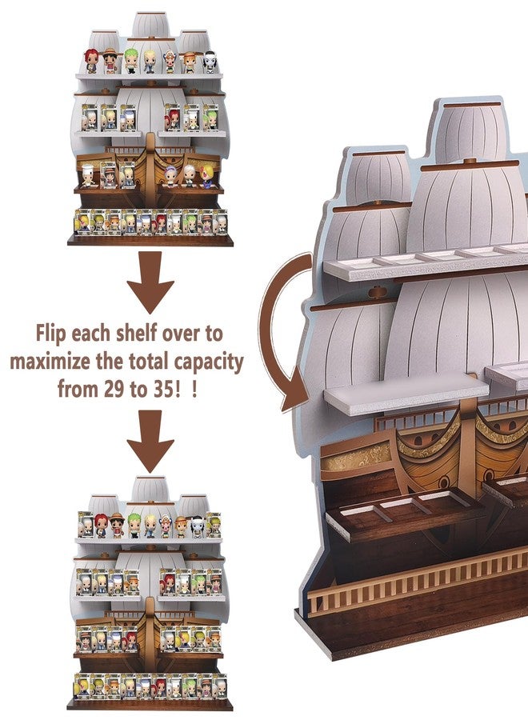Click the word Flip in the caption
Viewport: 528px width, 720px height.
coord(50,334)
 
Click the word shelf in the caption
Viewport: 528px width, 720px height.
coord(131,333)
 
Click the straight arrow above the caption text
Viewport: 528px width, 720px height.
coord(150,281)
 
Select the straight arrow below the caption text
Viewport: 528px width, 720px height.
coord(150,441)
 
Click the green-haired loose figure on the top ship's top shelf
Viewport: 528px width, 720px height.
coord(131,61)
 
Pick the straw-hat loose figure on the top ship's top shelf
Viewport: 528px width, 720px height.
coord(110,60)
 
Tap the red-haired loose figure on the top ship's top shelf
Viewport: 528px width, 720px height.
coord(91,61)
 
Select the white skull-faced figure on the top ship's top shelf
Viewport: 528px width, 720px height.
coord(210,62)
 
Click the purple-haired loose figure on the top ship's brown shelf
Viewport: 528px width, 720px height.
coord(170,176)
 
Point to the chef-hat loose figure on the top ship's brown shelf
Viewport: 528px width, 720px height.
coord(88,176)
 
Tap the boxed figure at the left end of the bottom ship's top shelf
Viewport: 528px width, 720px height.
coord(85,525)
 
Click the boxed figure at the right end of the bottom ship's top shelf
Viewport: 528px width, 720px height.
coord(214,525)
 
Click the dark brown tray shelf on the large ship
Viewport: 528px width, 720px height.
coord(404,512)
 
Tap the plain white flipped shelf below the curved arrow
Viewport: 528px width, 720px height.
coord(406,393)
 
